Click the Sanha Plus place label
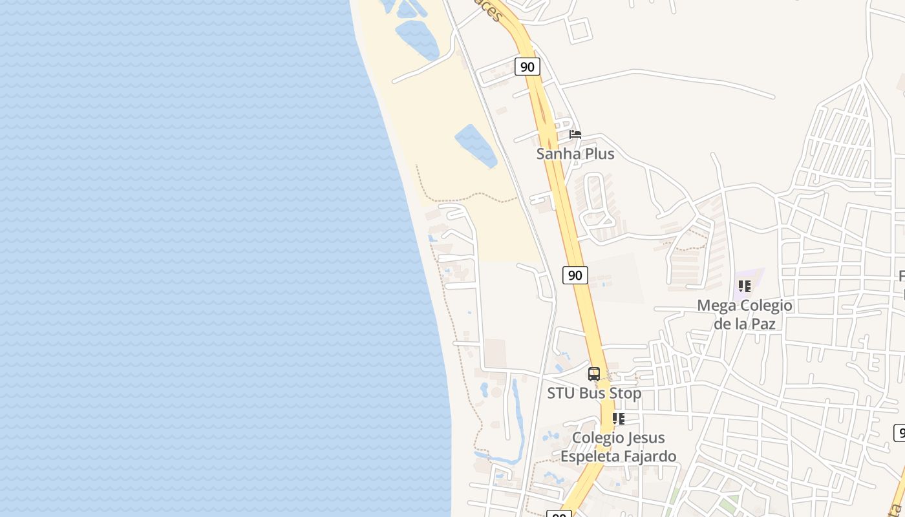(575, 154)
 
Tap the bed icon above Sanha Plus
(575, 134)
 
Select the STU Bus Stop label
(594, 393)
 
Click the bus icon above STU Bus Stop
(594, 374)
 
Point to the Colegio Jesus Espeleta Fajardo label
(618, 447)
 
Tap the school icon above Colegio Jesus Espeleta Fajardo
(619, 419)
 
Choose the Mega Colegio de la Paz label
(744, 314)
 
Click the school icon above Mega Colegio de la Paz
(745, 286)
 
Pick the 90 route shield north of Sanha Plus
(527, 67)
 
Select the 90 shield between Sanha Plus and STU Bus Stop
(575, 275)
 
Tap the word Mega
(718, 305)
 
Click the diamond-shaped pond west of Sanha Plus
(476, 145)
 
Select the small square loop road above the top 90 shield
(579, 30)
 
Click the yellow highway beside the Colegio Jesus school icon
(606, 419)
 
